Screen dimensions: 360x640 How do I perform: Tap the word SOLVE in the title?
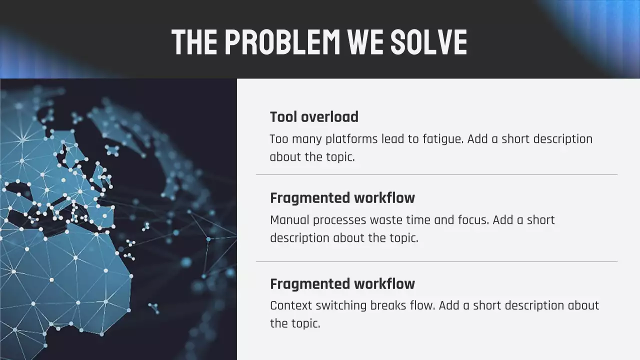coord(428,41)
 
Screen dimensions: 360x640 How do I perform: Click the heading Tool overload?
coord(314,117)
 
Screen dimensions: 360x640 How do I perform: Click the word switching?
coord(341,305)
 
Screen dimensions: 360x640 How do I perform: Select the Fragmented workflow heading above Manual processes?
coord(342,198)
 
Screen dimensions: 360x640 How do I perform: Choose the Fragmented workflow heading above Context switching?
coord(342,284)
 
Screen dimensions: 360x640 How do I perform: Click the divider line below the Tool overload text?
coord(436,174)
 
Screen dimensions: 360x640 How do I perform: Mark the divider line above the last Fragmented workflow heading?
coord(436,261)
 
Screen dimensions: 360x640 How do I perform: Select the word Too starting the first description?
coord(279,139)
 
